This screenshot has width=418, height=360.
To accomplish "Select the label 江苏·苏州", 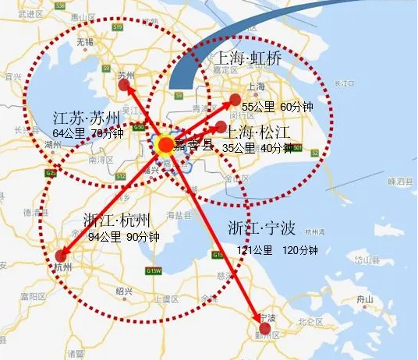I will pyautogui.click(x=87, y=118).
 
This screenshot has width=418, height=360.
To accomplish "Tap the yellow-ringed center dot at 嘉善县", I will pyautogui.click(x=166, y=145).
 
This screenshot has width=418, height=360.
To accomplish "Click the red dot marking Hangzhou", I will pyautogui.click(x=62, y=256).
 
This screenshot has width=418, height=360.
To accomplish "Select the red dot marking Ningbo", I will pyautogui.click(x=265, y=329).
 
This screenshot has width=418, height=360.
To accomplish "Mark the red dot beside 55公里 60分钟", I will pyautogui.click(x=234, y=99).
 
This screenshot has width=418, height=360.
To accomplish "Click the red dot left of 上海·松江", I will pyautogui.click(x=221, y=127).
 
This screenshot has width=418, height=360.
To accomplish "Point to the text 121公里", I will pyautogui.click(x=255, y=250).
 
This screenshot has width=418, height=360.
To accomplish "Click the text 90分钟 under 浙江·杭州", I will pyautogui.click(x=146, y=237).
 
